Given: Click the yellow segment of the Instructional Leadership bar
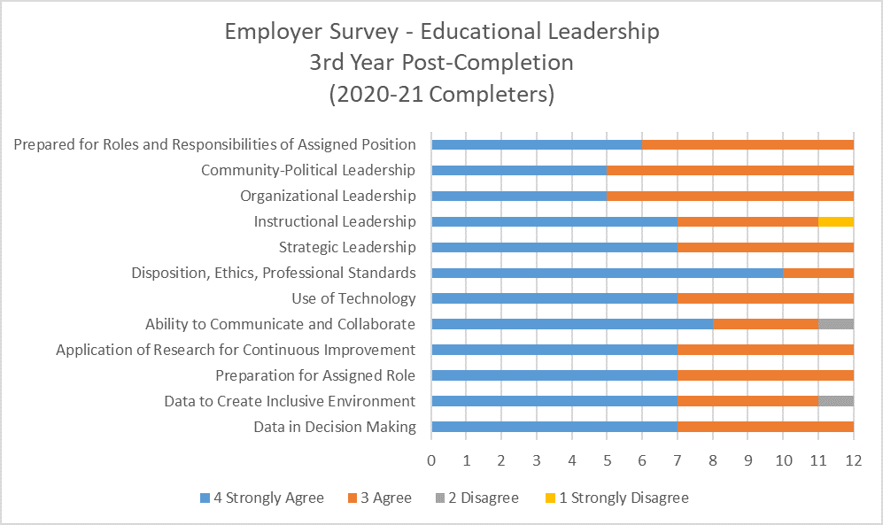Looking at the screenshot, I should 835,221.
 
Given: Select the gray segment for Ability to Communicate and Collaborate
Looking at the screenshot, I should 835,324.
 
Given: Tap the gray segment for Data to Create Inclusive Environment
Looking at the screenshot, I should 835,401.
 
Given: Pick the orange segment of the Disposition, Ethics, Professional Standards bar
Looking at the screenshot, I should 817,273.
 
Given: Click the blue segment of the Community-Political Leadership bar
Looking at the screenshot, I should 519,170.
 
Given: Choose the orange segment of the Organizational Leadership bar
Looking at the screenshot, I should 730,196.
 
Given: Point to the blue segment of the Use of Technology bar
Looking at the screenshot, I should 554,298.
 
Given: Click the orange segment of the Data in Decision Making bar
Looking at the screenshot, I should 765,427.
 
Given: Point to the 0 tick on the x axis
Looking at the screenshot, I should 431,460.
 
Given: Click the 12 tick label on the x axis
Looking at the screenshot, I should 853,460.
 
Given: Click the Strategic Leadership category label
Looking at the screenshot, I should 347,247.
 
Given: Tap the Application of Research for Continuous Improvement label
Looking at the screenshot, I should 236,350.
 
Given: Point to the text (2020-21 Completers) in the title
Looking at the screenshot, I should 441,94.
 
